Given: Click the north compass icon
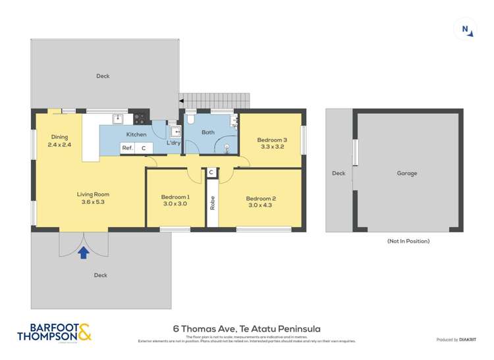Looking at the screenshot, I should (x=465, y=28).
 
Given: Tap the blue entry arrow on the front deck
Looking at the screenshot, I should (x=83, y=252).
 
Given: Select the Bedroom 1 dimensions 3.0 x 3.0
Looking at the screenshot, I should (x=175, y=204).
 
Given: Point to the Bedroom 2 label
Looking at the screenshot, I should (x=260, y=199).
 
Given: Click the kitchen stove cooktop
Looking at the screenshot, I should (x=140, y=119).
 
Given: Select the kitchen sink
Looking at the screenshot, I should (x=117, y=119).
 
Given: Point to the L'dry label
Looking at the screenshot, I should (x=173, y=142).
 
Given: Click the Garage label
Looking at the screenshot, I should (x=406, y=173).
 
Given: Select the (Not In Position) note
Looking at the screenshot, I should (x=408, y=241).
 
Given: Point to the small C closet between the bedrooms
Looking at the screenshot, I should (x=211, y=172).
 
